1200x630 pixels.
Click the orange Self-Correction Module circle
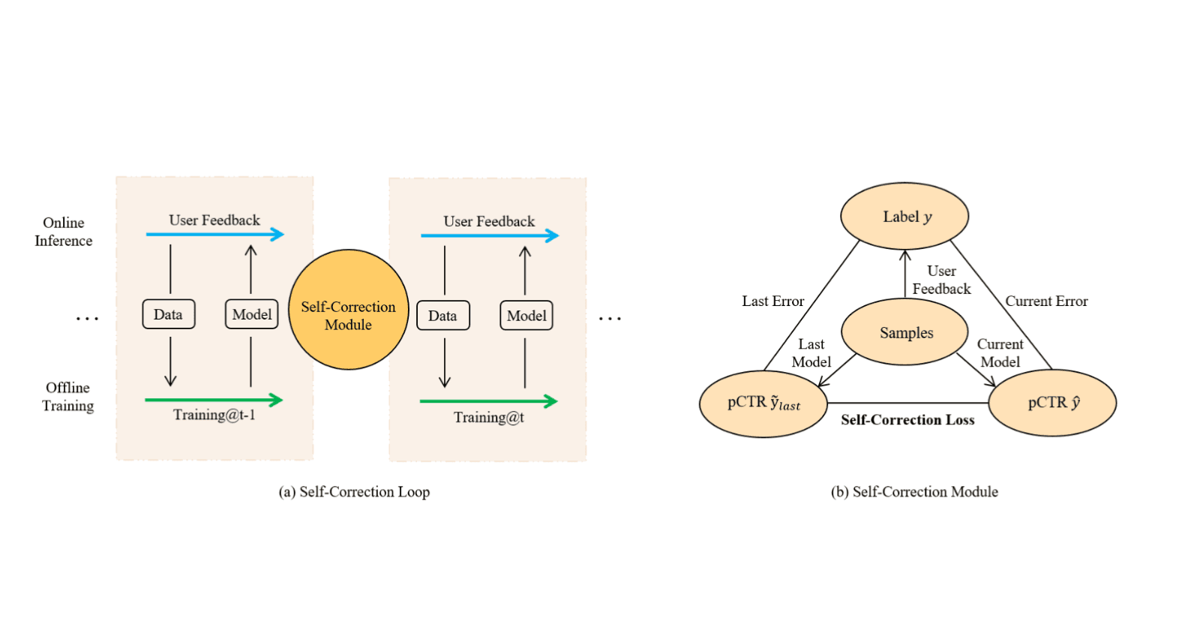349,310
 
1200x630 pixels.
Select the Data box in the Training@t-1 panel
169,314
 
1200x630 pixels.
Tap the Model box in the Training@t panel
526,316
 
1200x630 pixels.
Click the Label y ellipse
904,216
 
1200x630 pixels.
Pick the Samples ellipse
905,332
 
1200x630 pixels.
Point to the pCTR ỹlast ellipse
763,403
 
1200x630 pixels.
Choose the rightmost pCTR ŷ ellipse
1052,403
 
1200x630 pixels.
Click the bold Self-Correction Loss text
907,420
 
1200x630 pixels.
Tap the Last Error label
772,301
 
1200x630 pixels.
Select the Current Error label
1046,301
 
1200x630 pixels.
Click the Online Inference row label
64,232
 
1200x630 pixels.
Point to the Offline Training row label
67,397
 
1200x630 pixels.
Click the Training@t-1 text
214,415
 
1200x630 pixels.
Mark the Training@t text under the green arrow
488,417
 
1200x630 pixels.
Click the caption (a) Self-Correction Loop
354,492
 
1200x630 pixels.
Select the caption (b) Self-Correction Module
914,492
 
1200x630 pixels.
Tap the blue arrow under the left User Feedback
214,235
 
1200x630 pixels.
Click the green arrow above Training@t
488,401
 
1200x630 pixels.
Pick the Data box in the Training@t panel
443,316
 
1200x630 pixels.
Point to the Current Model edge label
1000,352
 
